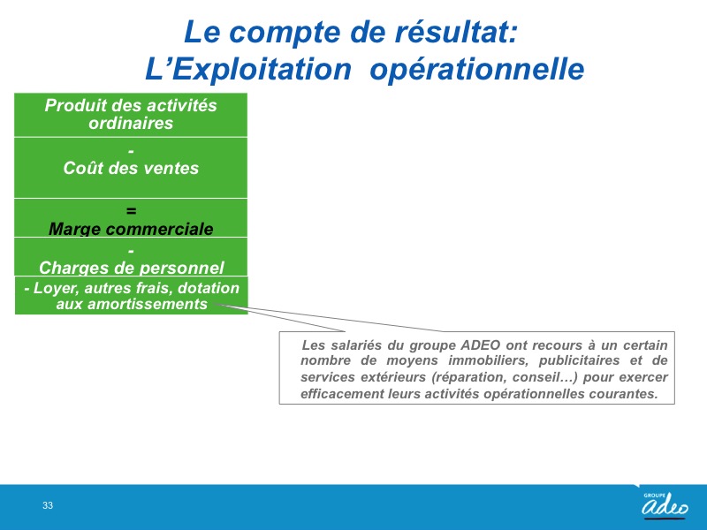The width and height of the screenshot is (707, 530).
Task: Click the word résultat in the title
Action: (x=456, y=32)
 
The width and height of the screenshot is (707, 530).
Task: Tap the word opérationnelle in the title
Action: (x=477, y=69)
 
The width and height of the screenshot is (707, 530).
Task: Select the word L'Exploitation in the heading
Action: (x=248, y=69)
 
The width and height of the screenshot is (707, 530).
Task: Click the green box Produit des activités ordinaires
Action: (x=131, y=115)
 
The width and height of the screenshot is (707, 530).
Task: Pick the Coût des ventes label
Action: (x=131, y=168)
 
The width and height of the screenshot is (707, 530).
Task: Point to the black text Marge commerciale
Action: (x=131, y=229)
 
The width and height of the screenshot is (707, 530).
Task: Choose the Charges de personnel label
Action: (x=131, y=268)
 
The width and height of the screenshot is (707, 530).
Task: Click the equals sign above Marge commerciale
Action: (x=131, y=210)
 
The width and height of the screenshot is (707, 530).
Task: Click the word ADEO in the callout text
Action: (x=480, y=345)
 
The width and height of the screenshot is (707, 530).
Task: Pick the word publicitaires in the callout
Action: (x=580, y=360)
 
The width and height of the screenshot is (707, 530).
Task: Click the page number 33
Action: (x=48, y=505)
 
